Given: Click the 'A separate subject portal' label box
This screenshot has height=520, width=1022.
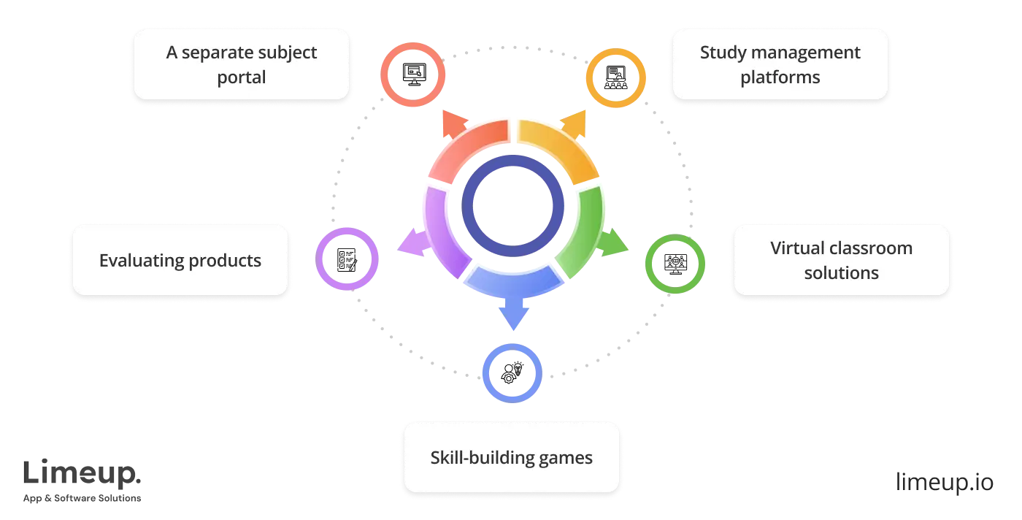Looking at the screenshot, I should coord(241,64).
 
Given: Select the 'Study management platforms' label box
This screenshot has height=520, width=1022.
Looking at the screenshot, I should coord(780,64).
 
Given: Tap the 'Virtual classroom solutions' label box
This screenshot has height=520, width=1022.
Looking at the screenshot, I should coord(841,260).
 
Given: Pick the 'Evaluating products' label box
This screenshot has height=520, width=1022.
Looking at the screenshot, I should coord(180,260).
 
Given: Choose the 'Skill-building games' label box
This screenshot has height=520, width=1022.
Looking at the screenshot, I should coord(511,458).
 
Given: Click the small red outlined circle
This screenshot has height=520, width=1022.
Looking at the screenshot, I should coord(412,75).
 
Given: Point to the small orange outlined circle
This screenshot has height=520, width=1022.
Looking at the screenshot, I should coord(617,79).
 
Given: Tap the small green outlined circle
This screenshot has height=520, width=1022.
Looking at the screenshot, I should coord(675,264).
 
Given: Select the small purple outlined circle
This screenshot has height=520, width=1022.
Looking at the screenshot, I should coord(347,259).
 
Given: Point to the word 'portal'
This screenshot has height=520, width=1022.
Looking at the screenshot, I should coord(241,77).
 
